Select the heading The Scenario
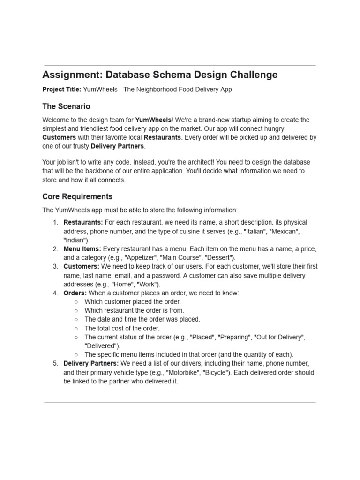[x=66, y=106]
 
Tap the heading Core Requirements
[x=77, y=196]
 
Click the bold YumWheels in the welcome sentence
[x=153, y=120]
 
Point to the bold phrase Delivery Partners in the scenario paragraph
[x=117, y=146]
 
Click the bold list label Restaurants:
[x=83, y=222]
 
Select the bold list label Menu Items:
[x=82, y=248]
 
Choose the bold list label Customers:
[x=82, y=266]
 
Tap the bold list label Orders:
[x=75, y=293]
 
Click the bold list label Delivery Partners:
[x=91, y=363]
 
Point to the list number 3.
[x=55, y=266]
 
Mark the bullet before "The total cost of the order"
[x=76, y=328]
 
